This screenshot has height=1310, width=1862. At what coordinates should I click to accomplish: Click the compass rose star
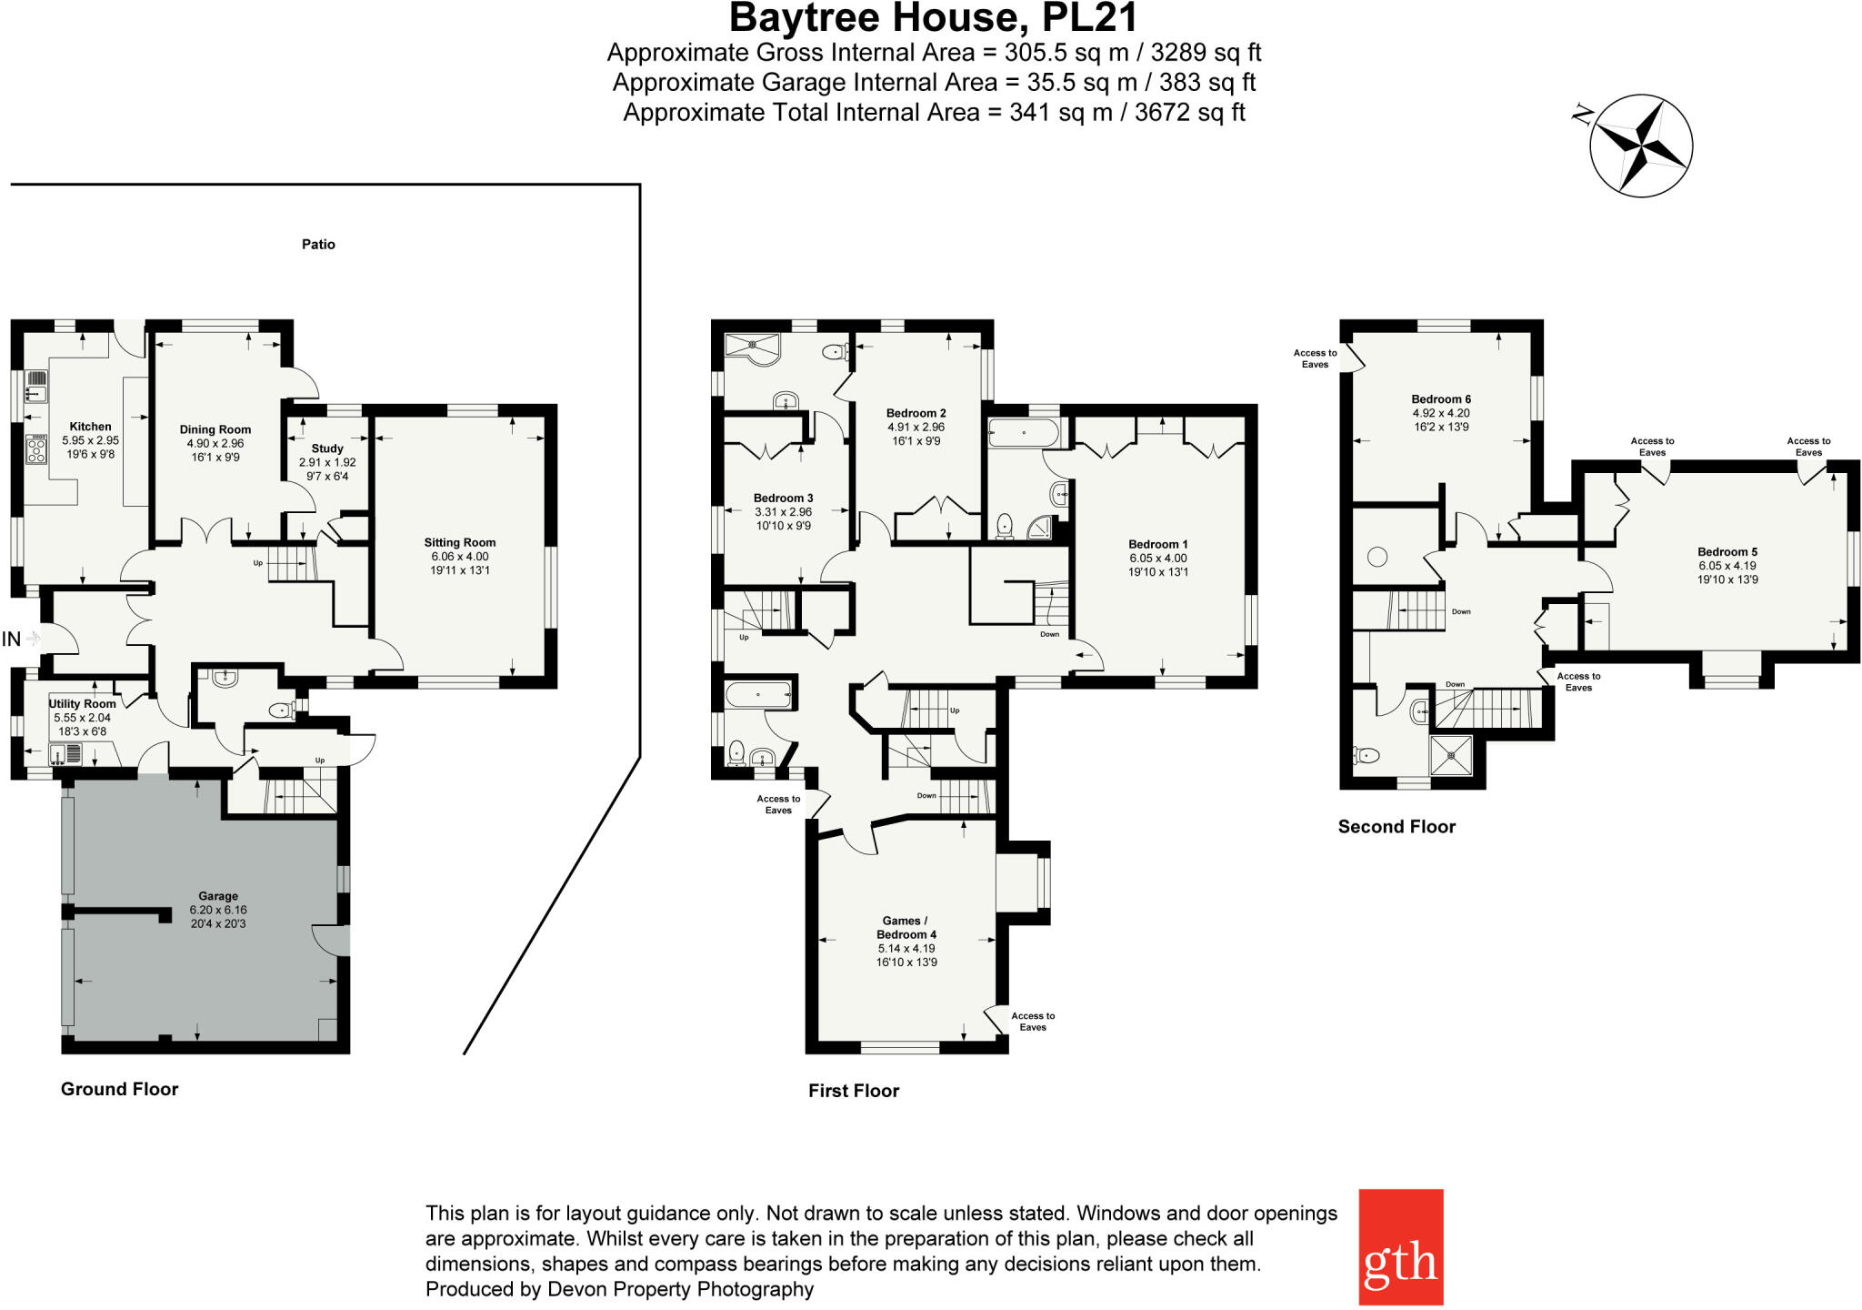click(x=1641, y=144)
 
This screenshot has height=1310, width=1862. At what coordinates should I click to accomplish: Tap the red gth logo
click(x=1400, y=1246)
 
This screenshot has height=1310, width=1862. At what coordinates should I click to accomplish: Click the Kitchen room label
click(x=90, y=427)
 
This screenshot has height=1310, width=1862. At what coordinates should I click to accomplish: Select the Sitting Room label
click(x=459, y=542)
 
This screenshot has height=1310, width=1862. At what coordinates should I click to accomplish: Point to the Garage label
click(x=218, y=896)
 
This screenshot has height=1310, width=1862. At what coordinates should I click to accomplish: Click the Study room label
click(x=327, y=448)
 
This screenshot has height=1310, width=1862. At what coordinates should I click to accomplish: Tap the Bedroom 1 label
click(x=1158, y=544)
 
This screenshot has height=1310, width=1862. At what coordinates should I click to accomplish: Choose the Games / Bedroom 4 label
click(x=906, y=927)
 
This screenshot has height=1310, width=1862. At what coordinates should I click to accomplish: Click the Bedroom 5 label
click(x=1727, y=551)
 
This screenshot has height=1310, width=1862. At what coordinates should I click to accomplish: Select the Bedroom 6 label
click(x=1441, y=398)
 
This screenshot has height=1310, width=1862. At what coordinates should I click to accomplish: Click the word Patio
click(x=318, y=244)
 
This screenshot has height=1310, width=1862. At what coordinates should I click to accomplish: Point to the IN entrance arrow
click(x=33, y=639)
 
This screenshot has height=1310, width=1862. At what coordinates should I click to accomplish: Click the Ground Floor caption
click(x=119, y=1089)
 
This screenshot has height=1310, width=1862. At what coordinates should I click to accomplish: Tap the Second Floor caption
click(x=1396, y=826)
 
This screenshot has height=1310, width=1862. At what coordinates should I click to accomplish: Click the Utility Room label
click(x=82, y=703)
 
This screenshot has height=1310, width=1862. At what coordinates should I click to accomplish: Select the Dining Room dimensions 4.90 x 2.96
click(x=215, y=444)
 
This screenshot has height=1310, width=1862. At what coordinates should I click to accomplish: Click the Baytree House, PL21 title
click(x=933, y=17)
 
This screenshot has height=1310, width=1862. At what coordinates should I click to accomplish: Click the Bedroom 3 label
click(x=783, y=498)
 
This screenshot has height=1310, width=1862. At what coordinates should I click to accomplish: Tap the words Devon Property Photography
click(x=680, y=1289)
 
